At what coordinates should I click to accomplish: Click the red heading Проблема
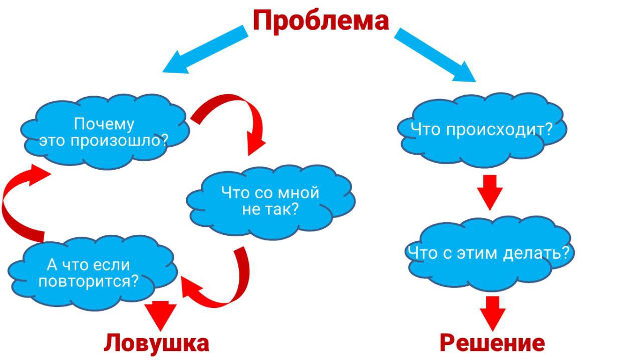(x=320, y=21)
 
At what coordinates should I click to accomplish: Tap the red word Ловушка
(x=156, y=343)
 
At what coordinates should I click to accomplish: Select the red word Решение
(x=492, y=343)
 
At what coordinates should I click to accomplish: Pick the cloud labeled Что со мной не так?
(x=270, y=200)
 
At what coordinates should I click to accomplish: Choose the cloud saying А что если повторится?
(x=93, y=273)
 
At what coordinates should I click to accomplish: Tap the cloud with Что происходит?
(x=482, y=130)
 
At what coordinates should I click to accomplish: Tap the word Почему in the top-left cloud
(x=104, y=124)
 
